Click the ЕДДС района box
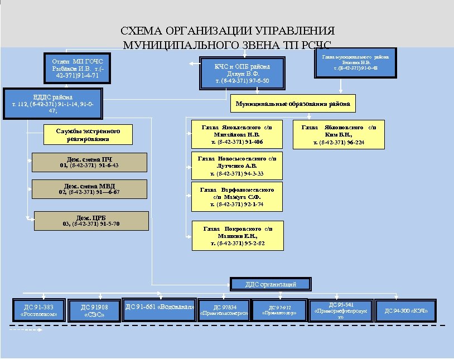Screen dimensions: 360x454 point(53,103)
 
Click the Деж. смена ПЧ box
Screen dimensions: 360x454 point(89,162)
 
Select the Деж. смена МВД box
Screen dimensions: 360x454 point(89,189)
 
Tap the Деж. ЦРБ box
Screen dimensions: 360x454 point(91,221)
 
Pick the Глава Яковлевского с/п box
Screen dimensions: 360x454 point(236,134)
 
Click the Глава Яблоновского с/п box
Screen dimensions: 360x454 point(339,134)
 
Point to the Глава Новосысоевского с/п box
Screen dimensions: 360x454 point(236,166)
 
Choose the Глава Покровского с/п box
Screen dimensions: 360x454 point(237,236)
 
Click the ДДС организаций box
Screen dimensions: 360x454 point(271,284)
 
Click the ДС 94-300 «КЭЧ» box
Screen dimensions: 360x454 point(406,310)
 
